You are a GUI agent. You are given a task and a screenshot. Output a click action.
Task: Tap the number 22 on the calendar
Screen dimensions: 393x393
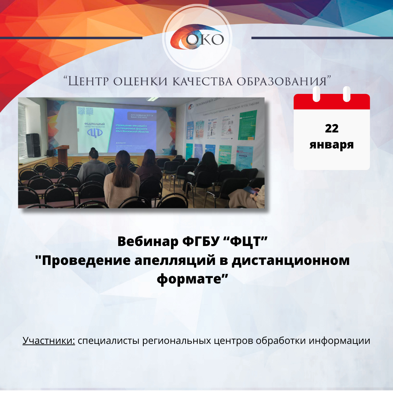pos(332,128)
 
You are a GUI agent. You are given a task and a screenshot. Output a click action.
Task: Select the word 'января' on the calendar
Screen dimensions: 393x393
pos(332,144)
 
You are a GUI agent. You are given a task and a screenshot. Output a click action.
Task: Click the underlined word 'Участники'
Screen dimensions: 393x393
pos(49,341)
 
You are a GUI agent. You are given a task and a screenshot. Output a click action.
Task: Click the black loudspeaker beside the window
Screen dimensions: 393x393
pos(33,145)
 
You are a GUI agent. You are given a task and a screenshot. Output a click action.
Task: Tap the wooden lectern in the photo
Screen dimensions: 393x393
pos(63,154)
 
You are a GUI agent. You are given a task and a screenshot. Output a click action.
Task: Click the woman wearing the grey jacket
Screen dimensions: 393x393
pos(94,166)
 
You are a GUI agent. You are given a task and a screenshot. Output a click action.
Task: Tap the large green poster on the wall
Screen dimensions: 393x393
pos(247,125)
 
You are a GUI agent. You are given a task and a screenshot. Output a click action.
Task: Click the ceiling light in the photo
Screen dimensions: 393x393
pos(153,99)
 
